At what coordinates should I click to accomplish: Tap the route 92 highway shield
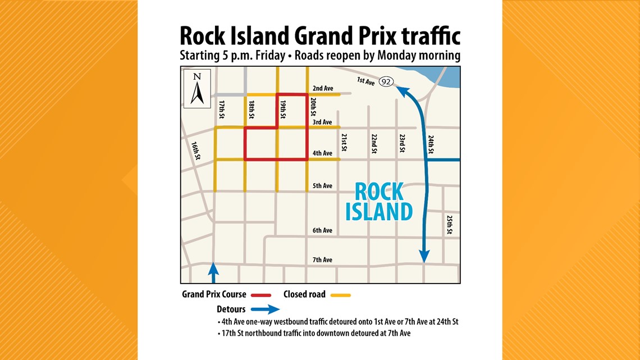386,82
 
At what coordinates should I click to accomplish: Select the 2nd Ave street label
323,88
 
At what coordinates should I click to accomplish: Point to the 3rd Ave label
323,122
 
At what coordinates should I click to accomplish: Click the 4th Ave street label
323,153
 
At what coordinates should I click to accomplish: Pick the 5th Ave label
323,186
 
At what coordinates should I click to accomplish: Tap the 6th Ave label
323,230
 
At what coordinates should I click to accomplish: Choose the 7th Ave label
323,259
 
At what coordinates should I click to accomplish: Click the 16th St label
195,151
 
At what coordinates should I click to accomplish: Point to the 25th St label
449,225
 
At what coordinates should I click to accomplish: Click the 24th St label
431,144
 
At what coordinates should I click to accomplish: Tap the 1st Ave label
366,81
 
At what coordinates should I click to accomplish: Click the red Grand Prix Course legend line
262,294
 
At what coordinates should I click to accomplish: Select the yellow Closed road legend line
341,294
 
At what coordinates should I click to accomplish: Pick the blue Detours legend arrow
265,309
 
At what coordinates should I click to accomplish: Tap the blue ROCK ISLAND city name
379,202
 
